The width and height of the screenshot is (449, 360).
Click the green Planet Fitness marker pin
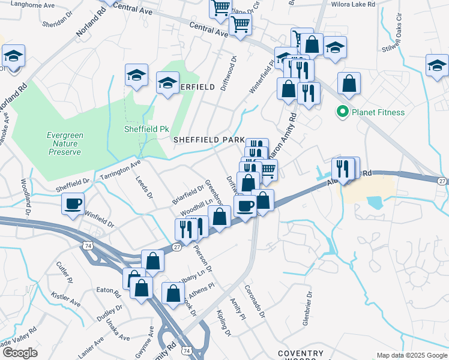[343, 112]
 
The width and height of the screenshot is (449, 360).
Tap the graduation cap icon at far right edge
[436, 65]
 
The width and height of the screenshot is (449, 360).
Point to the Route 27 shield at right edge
[442, 181]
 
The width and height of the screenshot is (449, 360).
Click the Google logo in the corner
[20, 352]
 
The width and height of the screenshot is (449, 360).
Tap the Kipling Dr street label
[223, 324]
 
